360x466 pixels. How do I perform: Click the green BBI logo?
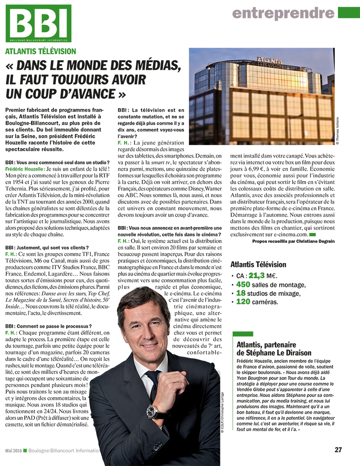pos(38,23)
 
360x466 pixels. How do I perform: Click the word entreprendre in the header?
pos(283,13)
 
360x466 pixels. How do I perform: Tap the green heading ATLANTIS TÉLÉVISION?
pos(41,52)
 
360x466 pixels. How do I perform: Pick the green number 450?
pos(243,285)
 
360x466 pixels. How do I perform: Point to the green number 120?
pos(243,302)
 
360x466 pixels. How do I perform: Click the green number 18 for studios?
pos(241,293)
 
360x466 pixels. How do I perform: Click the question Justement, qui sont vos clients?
pos(47,248)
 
